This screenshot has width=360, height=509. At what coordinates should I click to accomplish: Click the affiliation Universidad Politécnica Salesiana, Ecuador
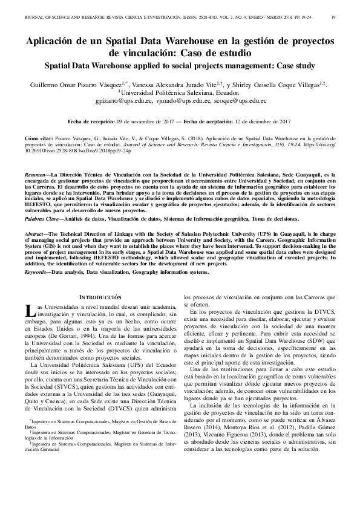coord(182,94)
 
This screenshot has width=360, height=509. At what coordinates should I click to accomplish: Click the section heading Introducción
coord(101,297)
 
